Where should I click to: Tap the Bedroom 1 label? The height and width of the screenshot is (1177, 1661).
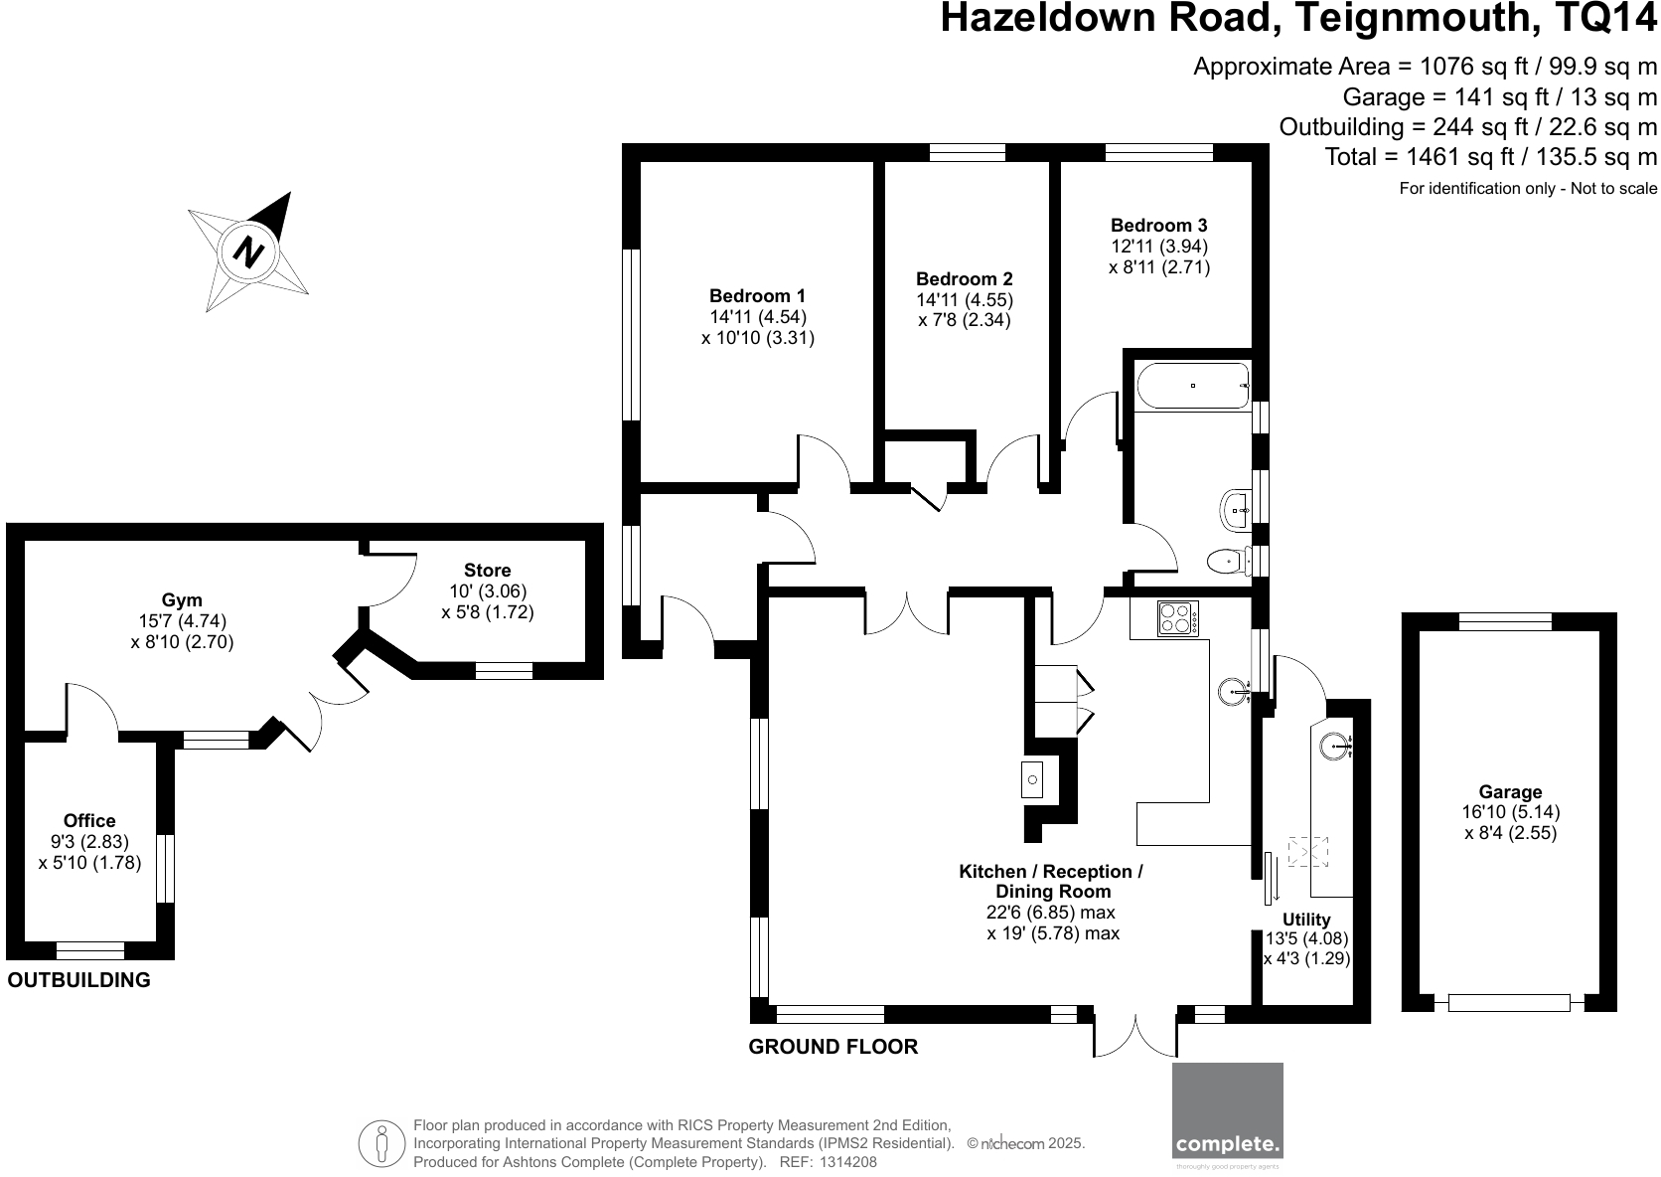click(x=757, y=295)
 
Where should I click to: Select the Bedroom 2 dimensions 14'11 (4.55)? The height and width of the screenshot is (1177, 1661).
click(x=965, y=299)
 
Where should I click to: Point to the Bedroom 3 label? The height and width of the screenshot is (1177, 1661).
click(x=1158, y=226)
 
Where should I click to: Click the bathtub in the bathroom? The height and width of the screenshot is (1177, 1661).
click(x=1192, y=386)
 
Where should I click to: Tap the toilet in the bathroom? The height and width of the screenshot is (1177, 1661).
click(x=1228, y=563)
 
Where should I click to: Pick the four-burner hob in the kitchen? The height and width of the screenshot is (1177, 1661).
click(x=1178, y=619)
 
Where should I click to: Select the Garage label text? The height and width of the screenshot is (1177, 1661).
click(x=1510, y=791)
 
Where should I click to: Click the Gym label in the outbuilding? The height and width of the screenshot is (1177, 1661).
click(x=182, y=599)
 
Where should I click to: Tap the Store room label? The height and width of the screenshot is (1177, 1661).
click(x=487, y=570)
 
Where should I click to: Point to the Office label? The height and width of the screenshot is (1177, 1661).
click(x=89, y=820)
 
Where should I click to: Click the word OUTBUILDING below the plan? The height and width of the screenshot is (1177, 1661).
click(x=79, y=980)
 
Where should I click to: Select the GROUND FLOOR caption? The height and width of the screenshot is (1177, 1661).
click(x=832, y=1046)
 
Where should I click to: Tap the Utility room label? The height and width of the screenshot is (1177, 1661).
click(x=1305, y=919)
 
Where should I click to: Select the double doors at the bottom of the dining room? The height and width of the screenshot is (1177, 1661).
click(x=1135, y=1036)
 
